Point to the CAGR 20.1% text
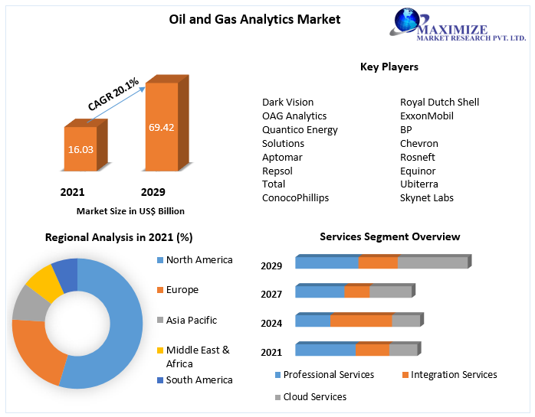tap(113, 94)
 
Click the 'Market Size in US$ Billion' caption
tap(130, 211)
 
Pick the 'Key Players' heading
tap(389, 67)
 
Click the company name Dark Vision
tap(287, 102)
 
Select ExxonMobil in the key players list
tap(427, 116)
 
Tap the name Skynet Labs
tap(427, 197)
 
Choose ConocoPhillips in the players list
tap(295, 197)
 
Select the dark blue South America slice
tap(66, 273)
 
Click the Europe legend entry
tap(182, 290)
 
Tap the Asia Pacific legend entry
tap(191, 320)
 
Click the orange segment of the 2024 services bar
tap(361, 321)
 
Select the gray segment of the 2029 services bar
tap(432, 262)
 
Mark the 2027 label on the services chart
tap(271, 294)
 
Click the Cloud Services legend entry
tap(314, 397)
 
